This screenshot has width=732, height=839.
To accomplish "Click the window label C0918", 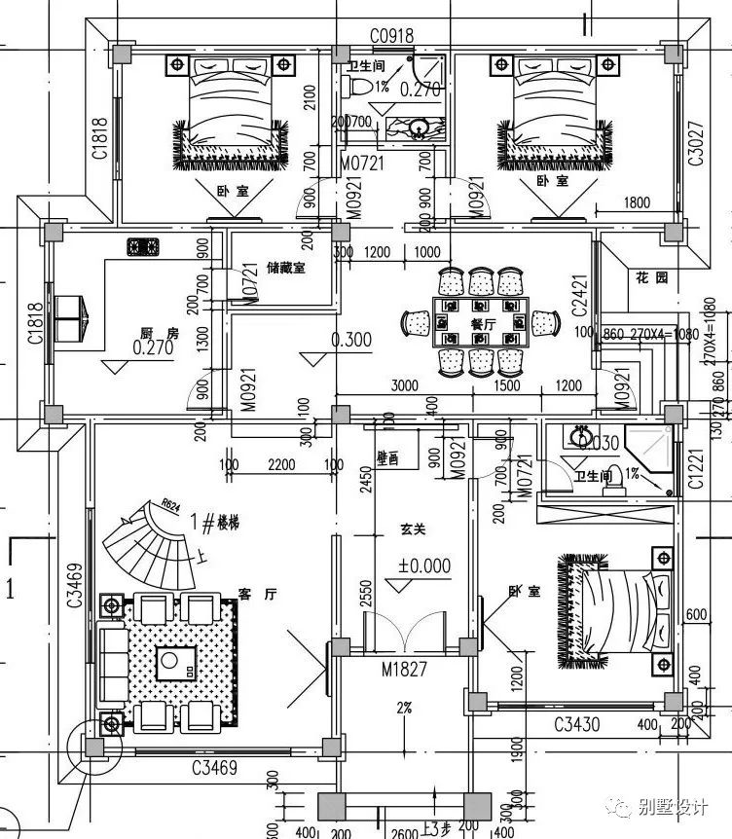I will tap(391, 36).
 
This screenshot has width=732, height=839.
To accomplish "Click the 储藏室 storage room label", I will tap(284, 268).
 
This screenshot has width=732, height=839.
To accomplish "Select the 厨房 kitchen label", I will tap(160, 333).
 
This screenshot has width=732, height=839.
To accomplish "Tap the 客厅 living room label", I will tap(252, 593).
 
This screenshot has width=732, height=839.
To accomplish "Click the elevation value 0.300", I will tap(351, 341).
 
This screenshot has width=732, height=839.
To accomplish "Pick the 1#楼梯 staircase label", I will tap(220, 523).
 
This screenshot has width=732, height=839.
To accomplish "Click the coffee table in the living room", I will tap(177, 664).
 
